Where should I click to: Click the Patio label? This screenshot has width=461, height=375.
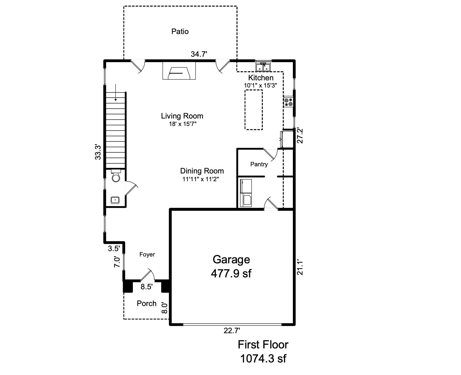click(180, 31)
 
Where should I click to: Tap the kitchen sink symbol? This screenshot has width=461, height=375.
click(263, 67)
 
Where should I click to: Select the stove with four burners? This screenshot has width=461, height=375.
click(288, 102)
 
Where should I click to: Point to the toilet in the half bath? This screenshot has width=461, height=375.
click(116, 176)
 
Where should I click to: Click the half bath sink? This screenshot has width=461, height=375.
click(115, 200)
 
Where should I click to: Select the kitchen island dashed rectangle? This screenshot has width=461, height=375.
click(254, 110)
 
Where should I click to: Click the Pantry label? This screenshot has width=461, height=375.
click(259, 164)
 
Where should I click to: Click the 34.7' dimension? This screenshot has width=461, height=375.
click(199, 54)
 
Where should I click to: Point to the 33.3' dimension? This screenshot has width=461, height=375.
click(98, 152)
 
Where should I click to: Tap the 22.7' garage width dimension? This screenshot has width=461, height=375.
click(232, 331)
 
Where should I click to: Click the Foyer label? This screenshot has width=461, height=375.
click(147, 254)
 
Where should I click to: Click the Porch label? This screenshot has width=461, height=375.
click(147, 303)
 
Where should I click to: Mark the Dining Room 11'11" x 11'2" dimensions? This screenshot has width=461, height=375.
click(202, 179)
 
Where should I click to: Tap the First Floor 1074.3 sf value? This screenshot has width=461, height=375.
click(263, 358)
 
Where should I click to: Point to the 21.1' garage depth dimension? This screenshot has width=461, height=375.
click(300, 267)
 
